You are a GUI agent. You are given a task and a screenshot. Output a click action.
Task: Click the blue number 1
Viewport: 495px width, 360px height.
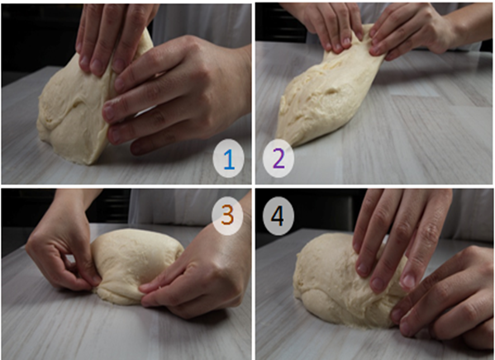click(229, 159)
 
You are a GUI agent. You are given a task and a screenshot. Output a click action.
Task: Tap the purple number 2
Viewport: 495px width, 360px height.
click(278, 159)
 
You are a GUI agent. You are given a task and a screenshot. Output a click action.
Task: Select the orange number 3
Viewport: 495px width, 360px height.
click(227, 216)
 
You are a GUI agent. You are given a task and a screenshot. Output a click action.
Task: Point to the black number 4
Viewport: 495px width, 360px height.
click(278, 216)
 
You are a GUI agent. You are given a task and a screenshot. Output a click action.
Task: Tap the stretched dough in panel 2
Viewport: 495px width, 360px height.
click(328, 95)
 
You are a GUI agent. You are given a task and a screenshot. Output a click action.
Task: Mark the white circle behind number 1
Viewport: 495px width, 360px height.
click(228, 158)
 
